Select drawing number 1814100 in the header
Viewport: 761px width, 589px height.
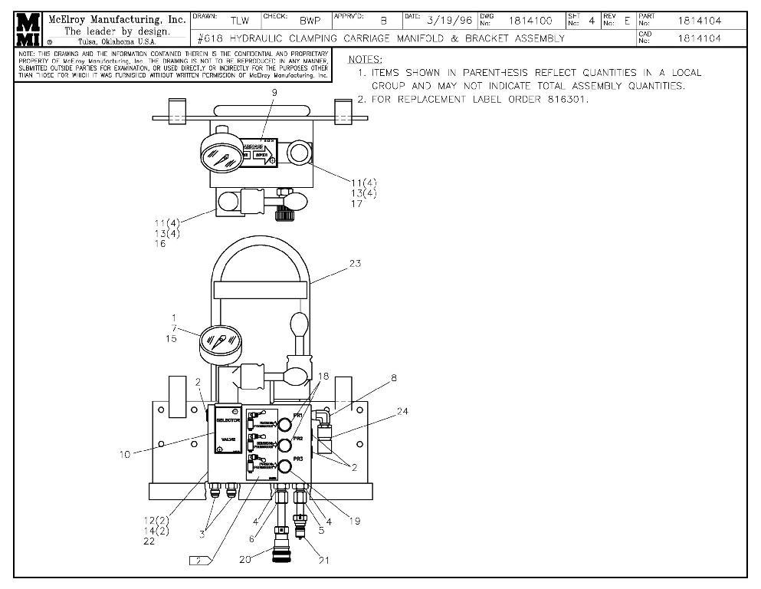pos(530,21)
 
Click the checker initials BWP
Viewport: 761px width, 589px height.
pos(309,21)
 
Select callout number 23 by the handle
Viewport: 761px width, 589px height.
pos(355,263)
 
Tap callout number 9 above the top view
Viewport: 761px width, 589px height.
pos(274,93)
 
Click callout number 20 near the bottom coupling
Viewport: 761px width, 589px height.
pos(245,559)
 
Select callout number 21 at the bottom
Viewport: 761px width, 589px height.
pos(324,560)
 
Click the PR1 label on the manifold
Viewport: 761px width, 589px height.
pos(298,415)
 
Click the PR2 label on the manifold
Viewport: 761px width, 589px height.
pos(298,438)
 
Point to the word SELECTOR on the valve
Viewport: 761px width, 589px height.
pos(228,420)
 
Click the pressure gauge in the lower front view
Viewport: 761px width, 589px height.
pos(219,342)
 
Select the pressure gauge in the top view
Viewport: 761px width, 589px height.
pos(219,156)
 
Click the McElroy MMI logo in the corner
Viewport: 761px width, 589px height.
pos(28,29)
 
